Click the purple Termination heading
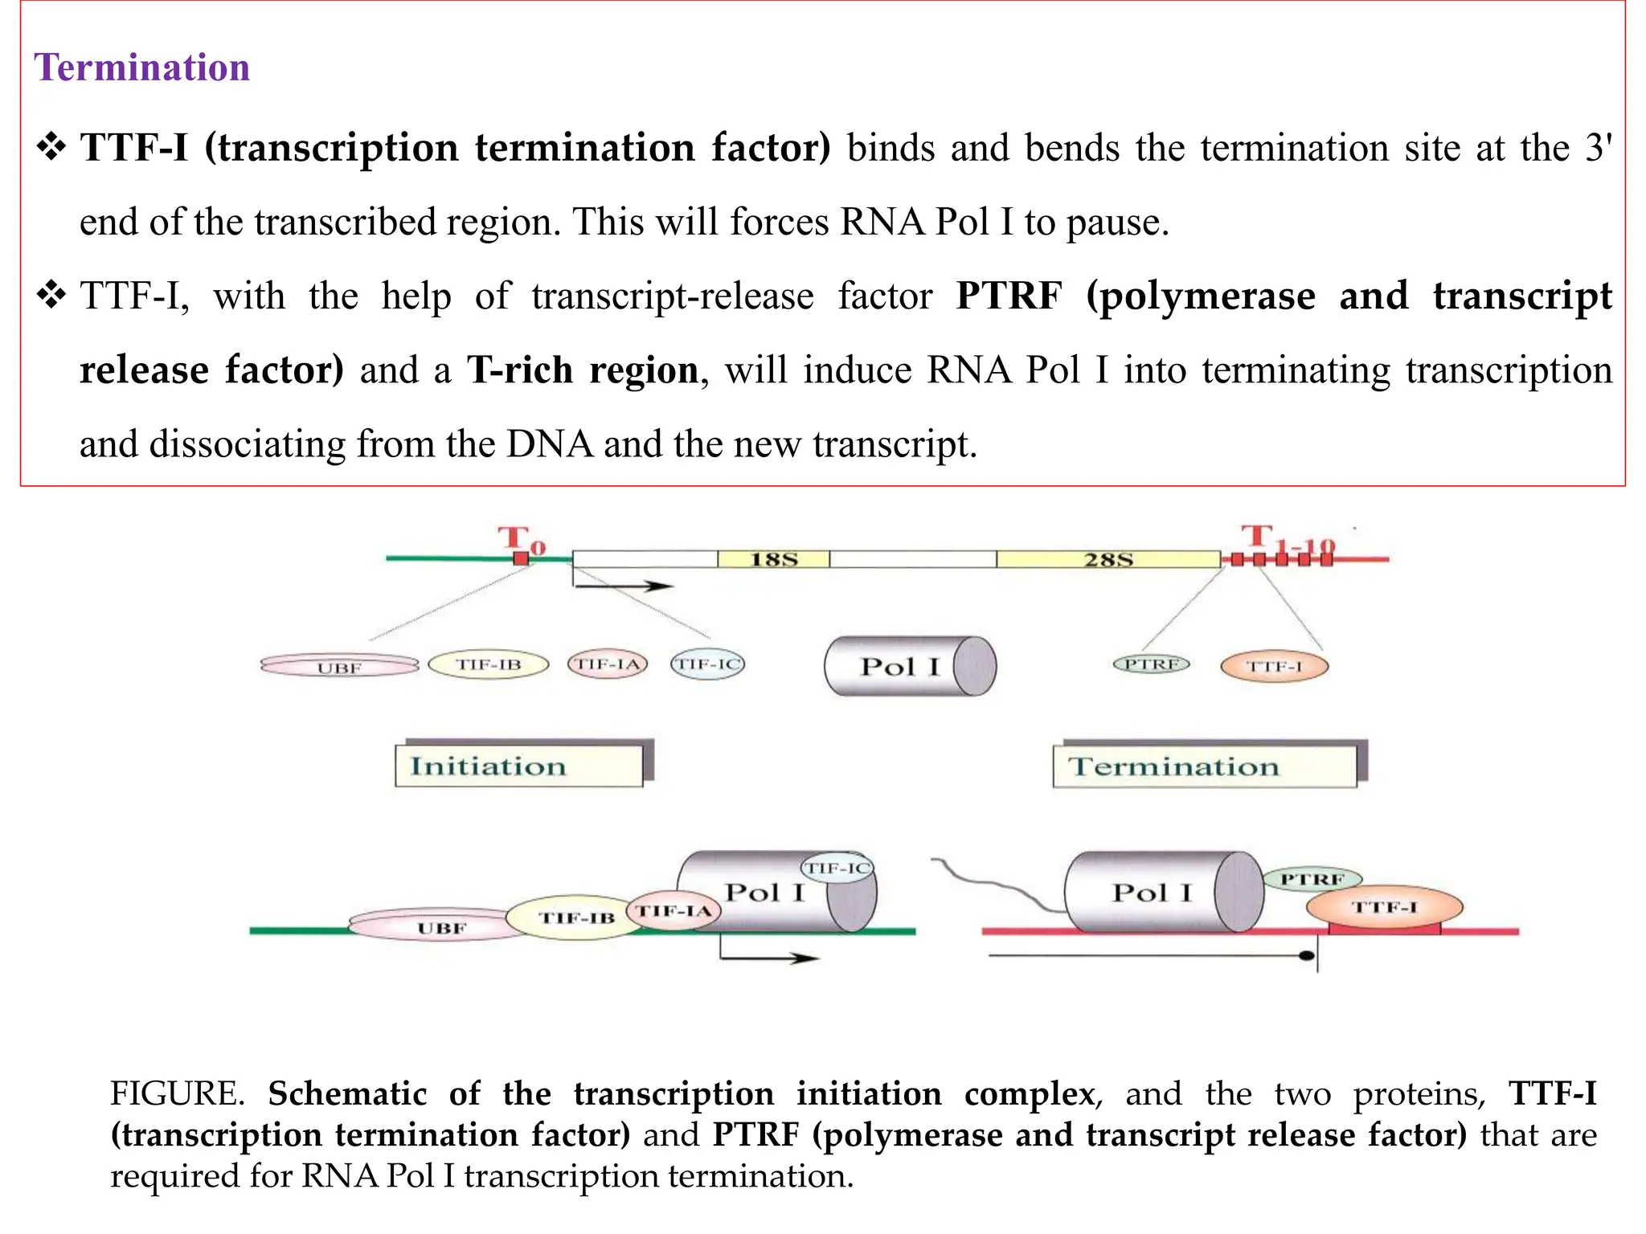pyautogui.click(x=141, y=67)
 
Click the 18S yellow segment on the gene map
pyautogui.click(x=773, y=559)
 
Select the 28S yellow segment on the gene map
pyautogui.click(x=1108, y=559)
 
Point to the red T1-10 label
pyautogui.click(x=1285, y=541)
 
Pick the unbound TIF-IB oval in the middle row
pyautogui.click(x=488, y=664)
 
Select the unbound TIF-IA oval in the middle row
pyautogui.click(x=607, y=664)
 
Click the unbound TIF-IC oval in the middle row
pyautogui.click(x=707, y=664)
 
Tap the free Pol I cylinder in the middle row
pyautogui.click(x=908, y=666)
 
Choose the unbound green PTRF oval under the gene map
pyautogui.click(x=1151, y=664)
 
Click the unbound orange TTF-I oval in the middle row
pyautogui.click(x=1274, y=666)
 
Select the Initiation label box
pyautogui.click(x=518, y=766)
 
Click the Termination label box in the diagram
pyautogui.click(x=1204, y=766)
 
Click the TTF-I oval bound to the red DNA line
pyautogui.click(x=1384, y=908)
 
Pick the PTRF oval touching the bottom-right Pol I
pyautogui.click(x=1312, y=879)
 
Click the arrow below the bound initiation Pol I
pyautogui.click(x=768, y=957)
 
